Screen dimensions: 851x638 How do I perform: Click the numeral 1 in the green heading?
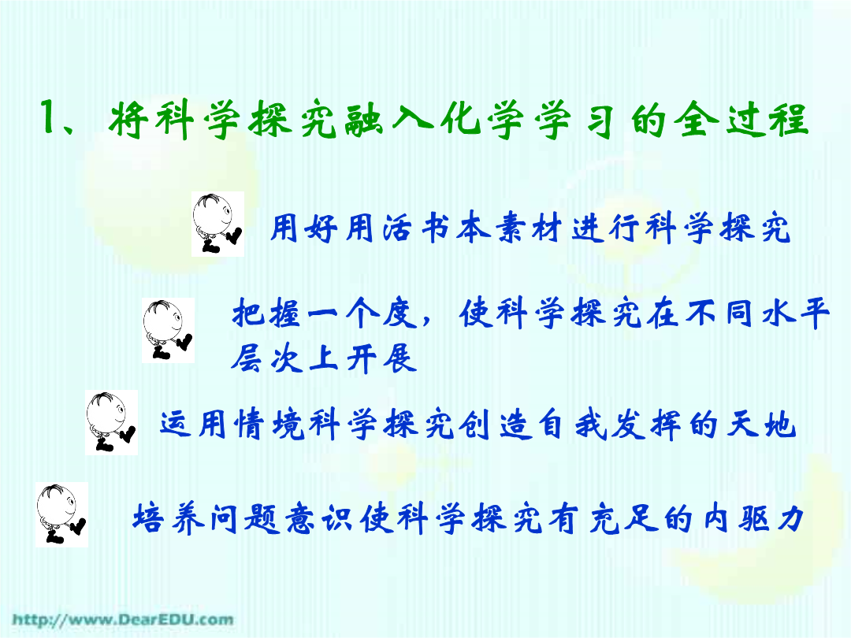pyautogui.click(x=50, y=116)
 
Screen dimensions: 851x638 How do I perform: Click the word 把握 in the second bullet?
pyautogui.click(x=266, y=313)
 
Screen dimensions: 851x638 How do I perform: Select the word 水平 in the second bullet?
pyautogui.click(x=796, y=313)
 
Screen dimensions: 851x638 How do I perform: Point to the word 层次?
pyautogui.click(x=266, y=358)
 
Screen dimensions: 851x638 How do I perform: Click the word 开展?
pyautogui.click(x=381, y=358)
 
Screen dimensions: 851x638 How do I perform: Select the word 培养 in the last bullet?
pyautogui.click(x=169, y=517)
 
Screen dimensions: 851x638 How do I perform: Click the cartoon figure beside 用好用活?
pyautogui.click(x=217, y=224)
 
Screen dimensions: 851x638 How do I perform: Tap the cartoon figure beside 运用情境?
pyautogui.click(x=111, y=423)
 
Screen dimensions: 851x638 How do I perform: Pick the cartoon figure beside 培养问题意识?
pyautogui.click(x=62, y=514)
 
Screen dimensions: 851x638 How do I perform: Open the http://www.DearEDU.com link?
pyautogui.click(x=123, y=620)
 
